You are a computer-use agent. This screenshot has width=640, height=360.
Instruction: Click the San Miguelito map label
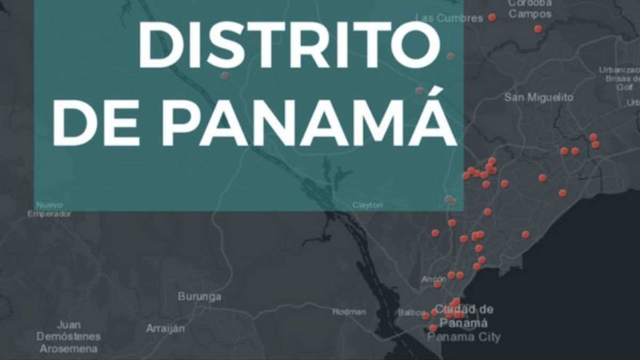[x=539, y=98]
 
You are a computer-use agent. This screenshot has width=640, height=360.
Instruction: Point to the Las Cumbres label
[x=449, y=18]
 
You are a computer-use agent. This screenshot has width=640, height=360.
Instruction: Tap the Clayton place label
[x=367, y=205]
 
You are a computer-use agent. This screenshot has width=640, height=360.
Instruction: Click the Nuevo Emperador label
[x=50, y=209]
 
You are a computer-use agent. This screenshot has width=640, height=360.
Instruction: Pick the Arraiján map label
[x=166, y=328]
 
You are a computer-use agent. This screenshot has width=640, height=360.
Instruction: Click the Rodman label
[x=349, y=312]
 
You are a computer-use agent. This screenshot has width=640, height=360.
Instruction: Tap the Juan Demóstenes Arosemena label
[x=69, y=337]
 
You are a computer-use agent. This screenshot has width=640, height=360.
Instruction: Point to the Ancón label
[x=433, y=279]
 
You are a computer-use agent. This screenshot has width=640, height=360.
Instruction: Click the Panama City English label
[x=465, y=337]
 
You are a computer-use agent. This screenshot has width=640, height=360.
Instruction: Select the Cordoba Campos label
[x=530, y=9]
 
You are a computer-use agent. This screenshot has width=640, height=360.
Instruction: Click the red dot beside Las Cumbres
[x=492, y=17]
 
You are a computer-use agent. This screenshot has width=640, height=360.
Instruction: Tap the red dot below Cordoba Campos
[x=538, y=29]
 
